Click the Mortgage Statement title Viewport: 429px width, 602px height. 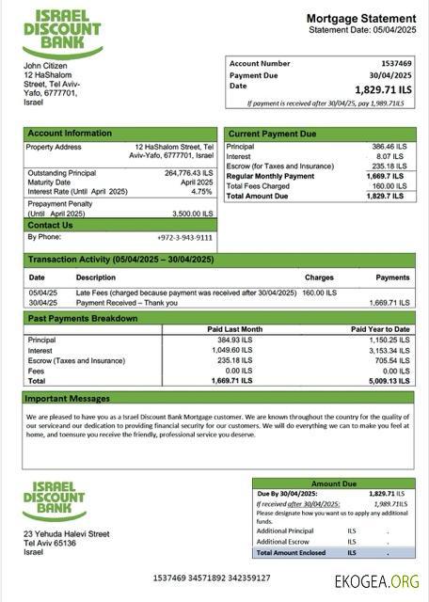click(x=360, y=18)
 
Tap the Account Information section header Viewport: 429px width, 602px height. click(x=70, y=134)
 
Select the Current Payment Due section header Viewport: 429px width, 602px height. click(x=272, y=134)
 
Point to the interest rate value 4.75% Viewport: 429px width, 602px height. click(x=201, y=192)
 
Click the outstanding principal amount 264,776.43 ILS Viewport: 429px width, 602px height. click(x=188, y=173)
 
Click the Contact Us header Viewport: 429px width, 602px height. click(x=50, y=226)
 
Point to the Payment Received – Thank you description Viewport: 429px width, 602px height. click(x=126, y=303)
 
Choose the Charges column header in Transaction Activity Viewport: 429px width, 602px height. click(x=319, y=278)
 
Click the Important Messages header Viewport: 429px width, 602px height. click(x=69, y=399)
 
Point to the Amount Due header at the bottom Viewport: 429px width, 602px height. click(x=333, y=483)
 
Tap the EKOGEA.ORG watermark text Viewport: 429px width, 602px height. click(x=376, y=581)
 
